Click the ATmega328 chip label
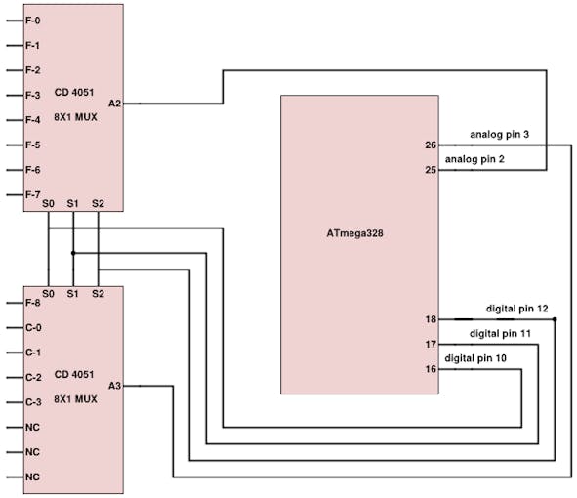click(x=354, y=233)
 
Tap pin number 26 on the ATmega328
click(x=431, y=145)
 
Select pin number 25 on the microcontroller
click(x=431, y=170)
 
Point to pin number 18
click(x=431, y=319)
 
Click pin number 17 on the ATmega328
click(x=431, y=345)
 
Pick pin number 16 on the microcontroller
click(x=431, y=369)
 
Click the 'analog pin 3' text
click(x=499, y=135)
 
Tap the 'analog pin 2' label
click(x=474, y=160)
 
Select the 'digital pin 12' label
click(x=517, y=309)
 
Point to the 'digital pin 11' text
click(x=500, y=334)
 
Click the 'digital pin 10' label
click(x=475, y=358)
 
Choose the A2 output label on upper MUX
click(x=114, y=104)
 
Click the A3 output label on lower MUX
click(x=114, y=386)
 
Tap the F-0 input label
click(x=33, y=21)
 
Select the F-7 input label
click(x=33, y=194)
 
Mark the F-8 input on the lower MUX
click(x=33, y=303)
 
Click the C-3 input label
click(x=33, y=402)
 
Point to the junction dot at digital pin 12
click(x=555, y=319)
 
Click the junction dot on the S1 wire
click(x=73, y=253)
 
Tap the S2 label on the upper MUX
click(x=98, y=203)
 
